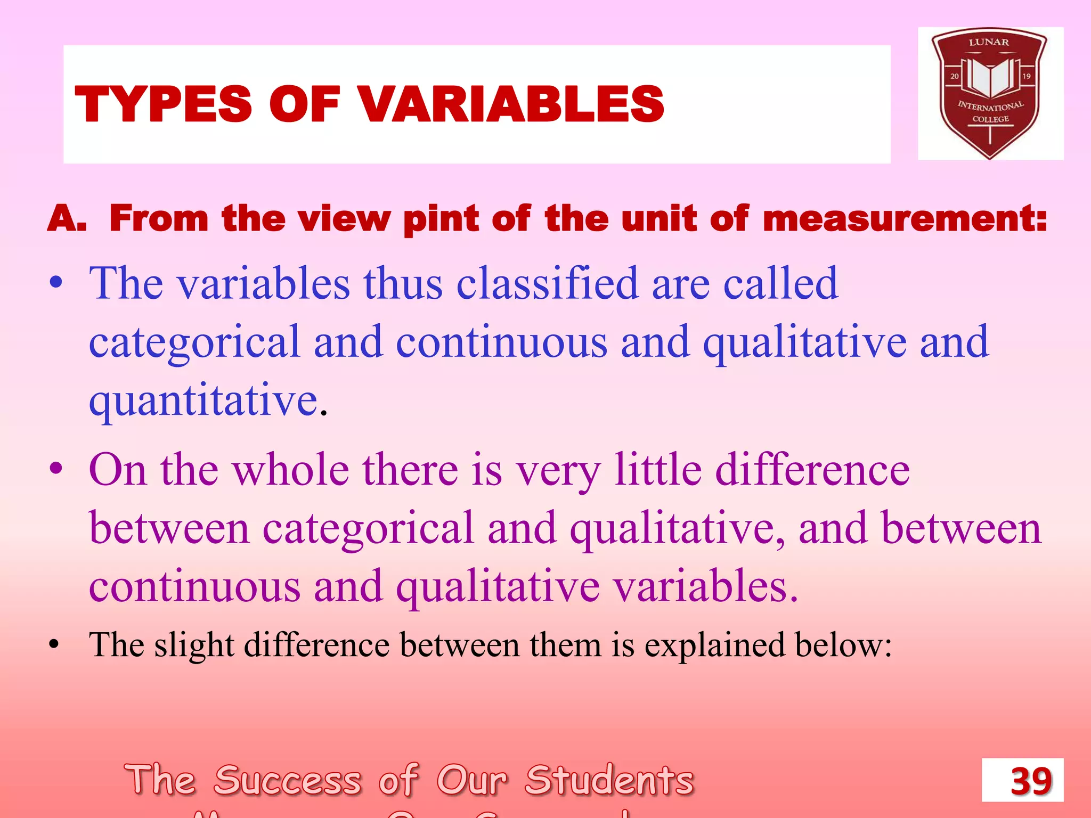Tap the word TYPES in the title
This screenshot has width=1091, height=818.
tap(163, 104)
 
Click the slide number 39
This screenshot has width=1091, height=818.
tap(1031, 781)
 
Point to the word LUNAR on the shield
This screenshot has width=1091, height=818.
tap(989, 42)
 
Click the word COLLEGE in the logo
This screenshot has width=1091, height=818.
tap(990, 119)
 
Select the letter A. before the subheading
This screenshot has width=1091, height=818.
tap(67, 219)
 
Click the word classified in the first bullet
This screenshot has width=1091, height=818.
tap(547, 283)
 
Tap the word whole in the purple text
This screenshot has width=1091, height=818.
tap(291, 470)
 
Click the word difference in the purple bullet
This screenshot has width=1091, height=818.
tap(812, 470)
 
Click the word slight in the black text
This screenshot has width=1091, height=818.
tap(194, 645)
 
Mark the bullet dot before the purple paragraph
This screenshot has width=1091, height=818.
tap(55, 469)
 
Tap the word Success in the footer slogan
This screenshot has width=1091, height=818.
tap(288, 780)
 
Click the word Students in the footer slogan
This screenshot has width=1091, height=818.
tap(609, 780)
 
